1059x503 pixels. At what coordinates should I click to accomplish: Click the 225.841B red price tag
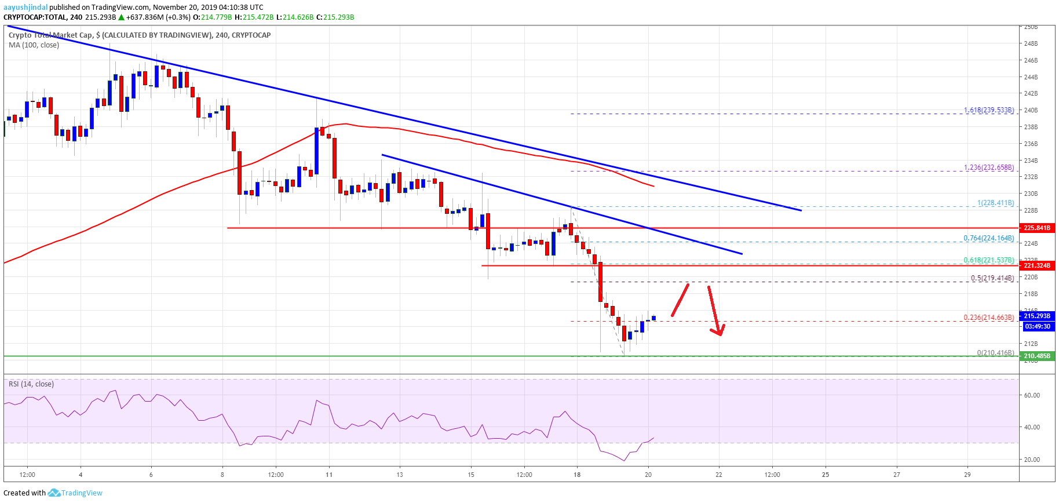tap(1036, 228)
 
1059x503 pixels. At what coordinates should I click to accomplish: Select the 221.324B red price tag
tap(1036, 265)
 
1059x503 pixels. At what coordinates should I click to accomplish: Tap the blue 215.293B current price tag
tap(1036, 316)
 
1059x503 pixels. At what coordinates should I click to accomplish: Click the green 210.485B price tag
tap(1036, 356)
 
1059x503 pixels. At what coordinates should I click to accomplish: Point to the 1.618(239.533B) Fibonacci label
tap(989, 110)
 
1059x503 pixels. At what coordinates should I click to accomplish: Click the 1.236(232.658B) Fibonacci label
tap(989, 167)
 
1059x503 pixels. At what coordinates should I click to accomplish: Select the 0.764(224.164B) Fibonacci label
tap(989, 238)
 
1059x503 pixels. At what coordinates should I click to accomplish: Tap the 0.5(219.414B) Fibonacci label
tap(992, 278)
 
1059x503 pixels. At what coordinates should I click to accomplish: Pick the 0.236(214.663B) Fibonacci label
tap(989, 318)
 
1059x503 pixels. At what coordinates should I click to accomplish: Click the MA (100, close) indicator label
tap(34, 45)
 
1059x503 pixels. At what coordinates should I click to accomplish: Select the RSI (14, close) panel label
tap(31, 384)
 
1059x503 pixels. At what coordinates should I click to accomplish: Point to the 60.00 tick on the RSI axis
tap(1032, 395)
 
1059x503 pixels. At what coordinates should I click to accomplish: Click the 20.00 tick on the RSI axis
tap(1032, 460)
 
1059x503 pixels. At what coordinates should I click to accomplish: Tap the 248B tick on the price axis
tap(1031, 43)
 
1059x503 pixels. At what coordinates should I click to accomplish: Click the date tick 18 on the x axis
tap(577, 475)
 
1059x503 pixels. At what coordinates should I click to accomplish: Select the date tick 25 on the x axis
tap(826, 475)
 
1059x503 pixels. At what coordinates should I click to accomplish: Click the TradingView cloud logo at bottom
tap(54, 493)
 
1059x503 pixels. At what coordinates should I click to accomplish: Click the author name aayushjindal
tap(25, 8)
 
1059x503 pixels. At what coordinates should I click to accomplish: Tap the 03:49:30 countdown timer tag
tap(1037, 326)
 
